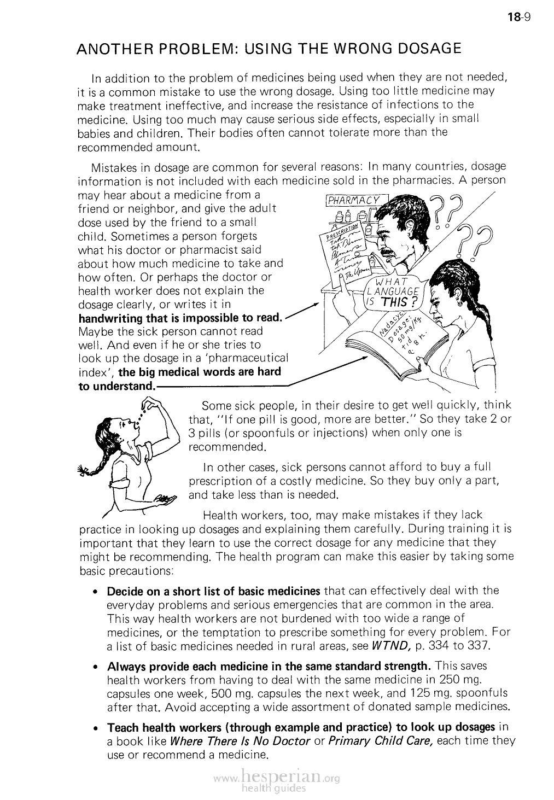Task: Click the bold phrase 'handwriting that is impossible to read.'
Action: (181, 318)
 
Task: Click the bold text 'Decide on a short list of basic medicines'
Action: (213, 591)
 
